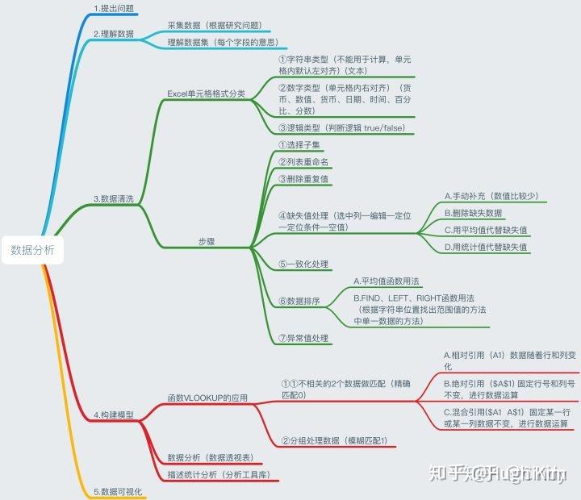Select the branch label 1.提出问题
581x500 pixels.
coord(114,9)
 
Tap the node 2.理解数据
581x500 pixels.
coord(114,34)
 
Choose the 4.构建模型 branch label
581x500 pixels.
coord(113,415)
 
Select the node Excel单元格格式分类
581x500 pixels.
coord(207,94)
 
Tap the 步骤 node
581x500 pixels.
coord(207,241)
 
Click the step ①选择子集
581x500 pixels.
coord(299,145)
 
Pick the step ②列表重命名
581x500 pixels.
coord(304,162)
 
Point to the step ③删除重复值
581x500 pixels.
coord(304,179)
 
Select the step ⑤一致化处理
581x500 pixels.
coord(304,264)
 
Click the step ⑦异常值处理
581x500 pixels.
coord(304,338)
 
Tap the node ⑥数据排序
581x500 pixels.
coord(299,301)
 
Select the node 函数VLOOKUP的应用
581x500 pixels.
coord(207,398)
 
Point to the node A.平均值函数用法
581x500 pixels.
coord(387,281)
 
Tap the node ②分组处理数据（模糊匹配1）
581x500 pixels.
coord(335,440)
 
